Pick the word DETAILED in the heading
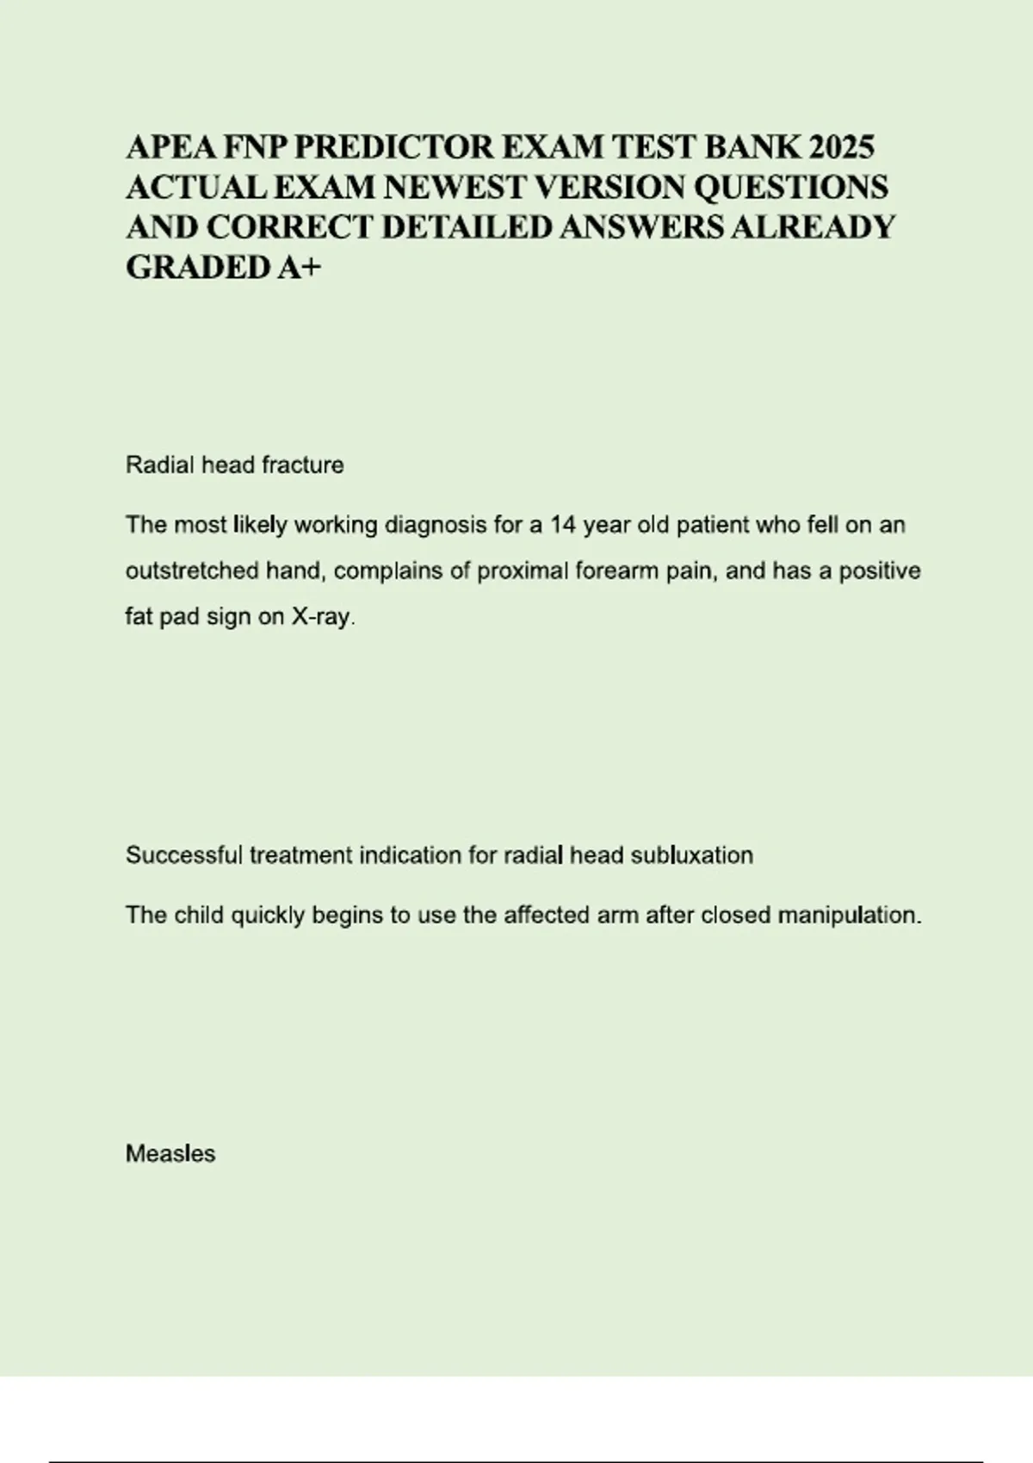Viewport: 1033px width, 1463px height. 469,227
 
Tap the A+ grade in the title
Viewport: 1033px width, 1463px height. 299,268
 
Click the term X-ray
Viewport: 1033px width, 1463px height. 324,618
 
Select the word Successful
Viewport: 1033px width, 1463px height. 184,855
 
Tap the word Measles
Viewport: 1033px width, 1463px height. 170,1154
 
